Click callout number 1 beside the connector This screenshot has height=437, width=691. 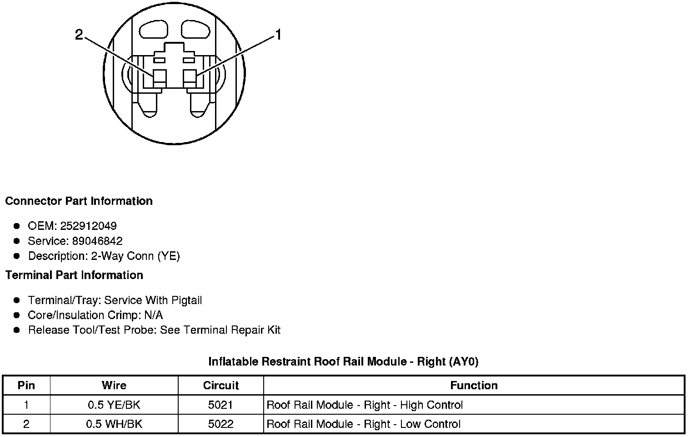point(278,35)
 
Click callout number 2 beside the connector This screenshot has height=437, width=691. point(79,35)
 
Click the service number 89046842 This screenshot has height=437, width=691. point(97,241)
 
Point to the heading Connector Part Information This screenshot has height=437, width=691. point(79,201)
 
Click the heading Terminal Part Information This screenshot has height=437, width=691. point(74,275)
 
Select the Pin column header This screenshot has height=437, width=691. point(26,386)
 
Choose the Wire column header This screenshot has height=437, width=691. point(114,386)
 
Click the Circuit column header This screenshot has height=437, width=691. point(220,386)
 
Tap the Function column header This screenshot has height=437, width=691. point(474,386)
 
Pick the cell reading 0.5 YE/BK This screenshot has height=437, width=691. point(114,405)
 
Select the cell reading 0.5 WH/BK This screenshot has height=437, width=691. point(114,424)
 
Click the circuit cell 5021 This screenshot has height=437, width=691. point(220,405)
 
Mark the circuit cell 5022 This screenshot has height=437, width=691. point(220,424)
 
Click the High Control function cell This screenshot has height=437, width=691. point(365,405)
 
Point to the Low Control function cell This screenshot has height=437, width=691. point(363,424)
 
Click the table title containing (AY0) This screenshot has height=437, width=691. point(343,361)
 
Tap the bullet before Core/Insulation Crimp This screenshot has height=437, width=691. point(17,315)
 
